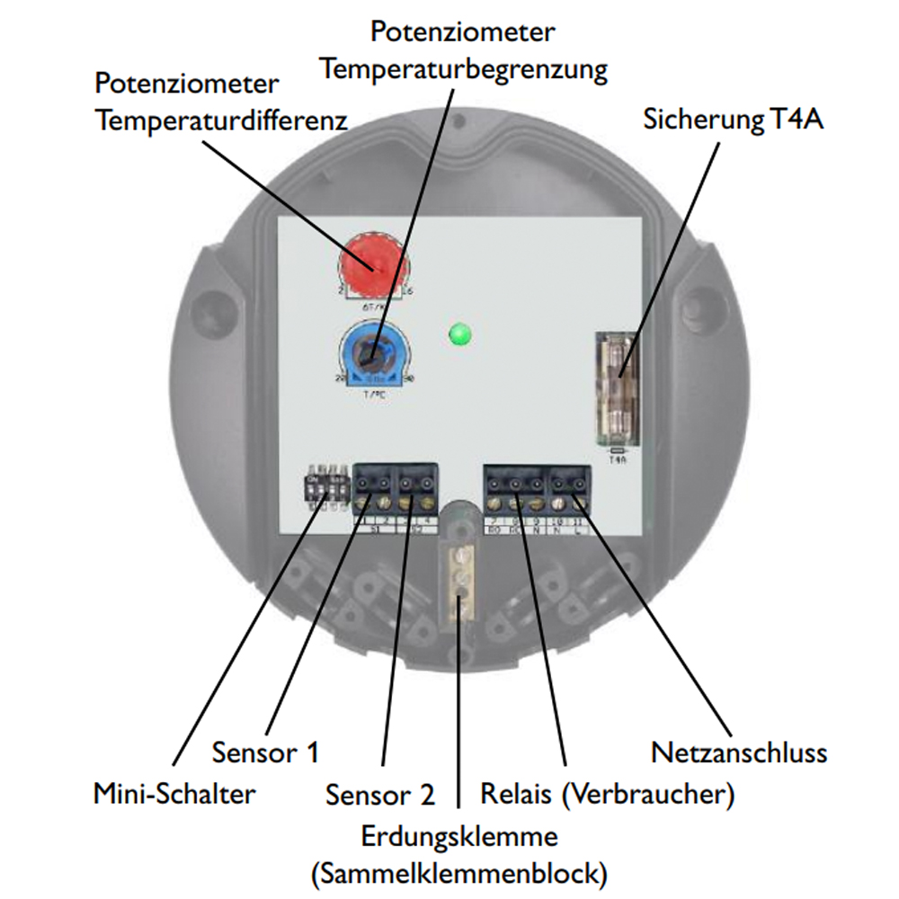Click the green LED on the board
coord(459,335)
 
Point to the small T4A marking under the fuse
coord(617,458)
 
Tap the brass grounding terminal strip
coord(460,581)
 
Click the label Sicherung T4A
coord(733,120)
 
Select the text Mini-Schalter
coord(174,794)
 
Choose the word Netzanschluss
coord(738,751)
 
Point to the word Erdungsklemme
coord(459,837)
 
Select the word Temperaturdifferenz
coord(221,120)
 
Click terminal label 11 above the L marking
coord(578,521)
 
